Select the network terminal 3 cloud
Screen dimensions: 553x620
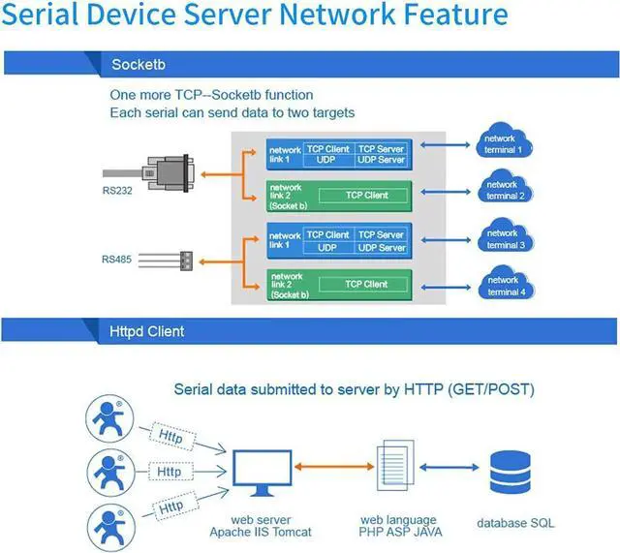(x=502, y=238)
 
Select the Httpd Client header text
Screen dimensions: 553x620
(x=147, y=331)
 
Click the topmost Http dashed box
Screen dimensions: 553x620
(x=170, y=436)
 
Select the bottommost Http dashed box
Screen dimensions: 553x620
(x=170, y=506)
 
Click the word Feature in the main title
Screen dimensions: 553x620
(x=447, y=16)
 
